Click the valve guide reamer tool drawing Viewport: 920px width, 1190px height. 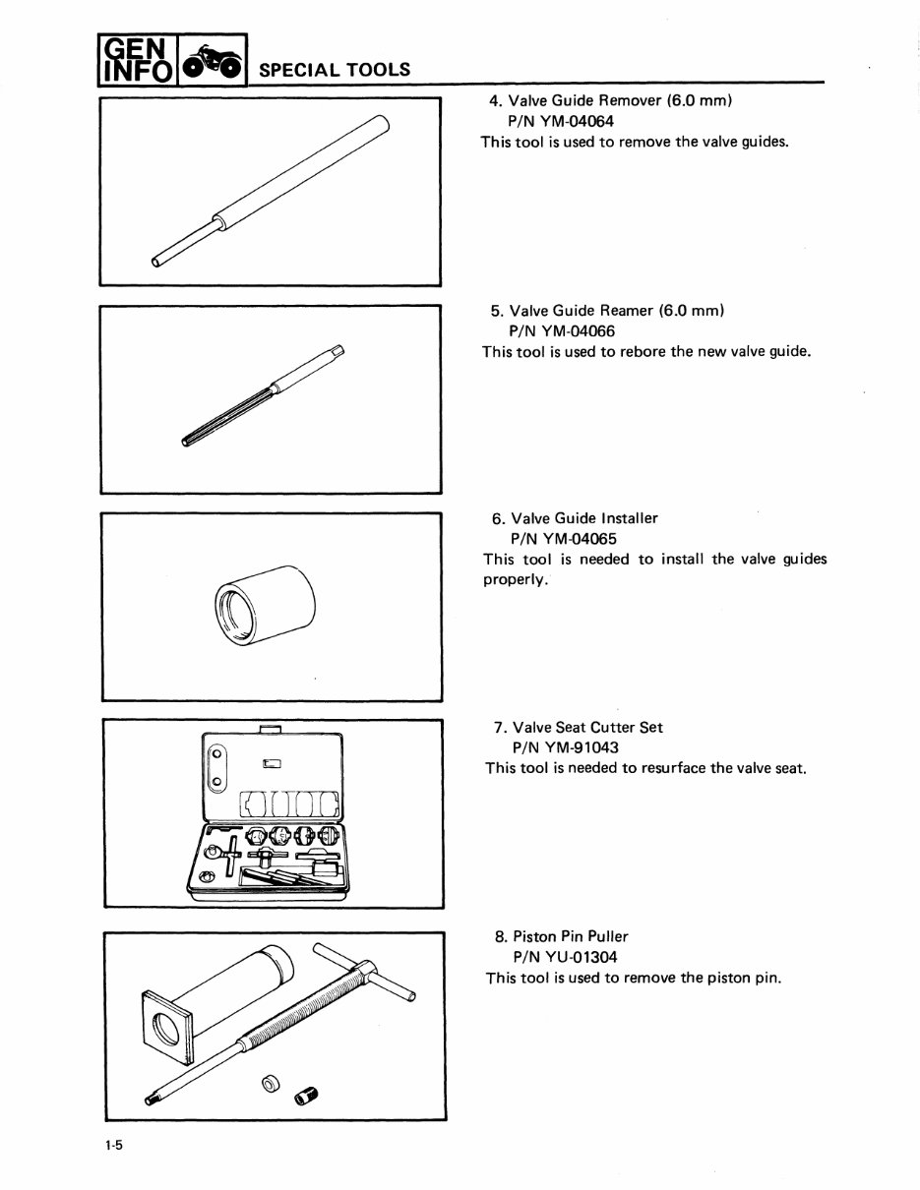tap(264, 394)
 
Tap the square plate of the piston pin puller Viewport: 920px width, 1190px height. tap(164, 1027)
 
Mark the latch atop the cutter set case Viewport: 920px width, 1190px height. tap(270, 728)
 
